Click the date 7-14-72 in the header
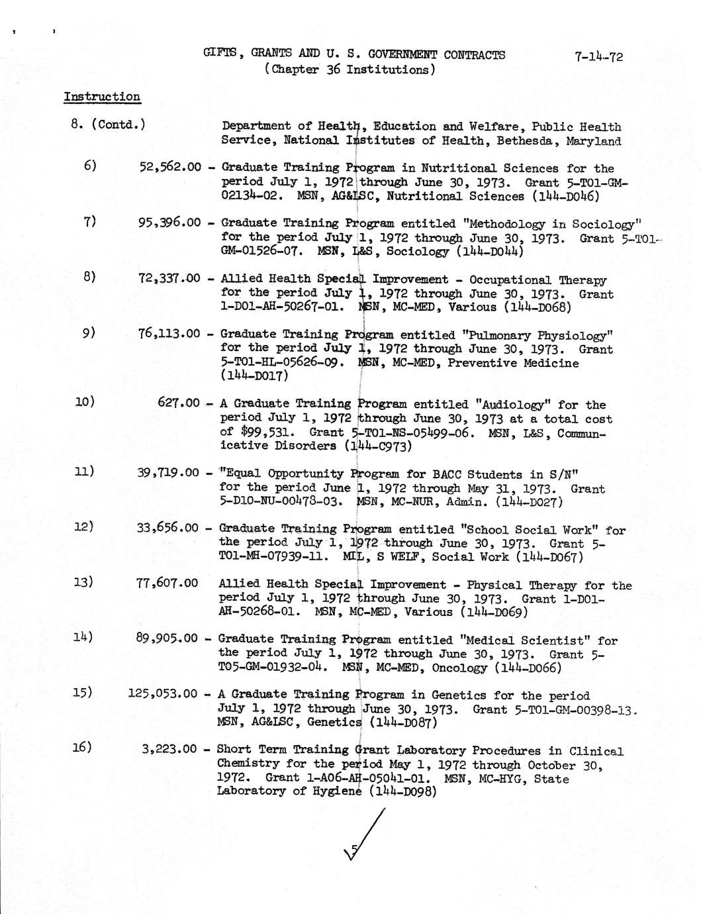(x=598, y=56)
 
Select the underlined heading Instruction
(x=102, y=97)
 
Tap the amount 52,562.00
(x=169, y=168)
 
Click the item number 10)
(x=85, y=401)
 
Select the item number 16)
(x=82, y=748)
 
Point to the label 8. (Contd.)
(x=108, y=124)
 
